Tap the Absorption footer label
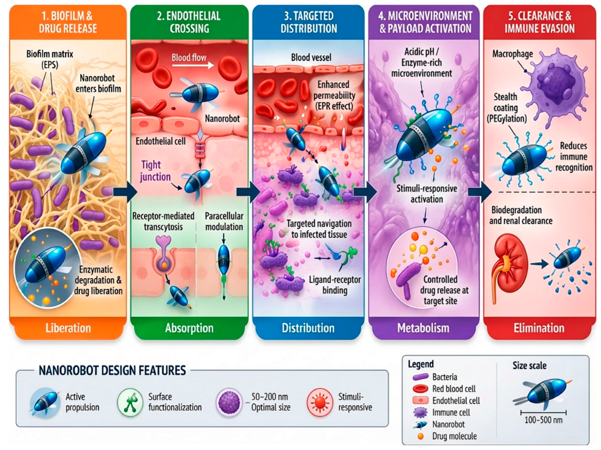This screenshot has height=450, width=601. point(189,328)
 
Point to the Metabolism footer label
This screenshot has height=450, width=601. point(424,328)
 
